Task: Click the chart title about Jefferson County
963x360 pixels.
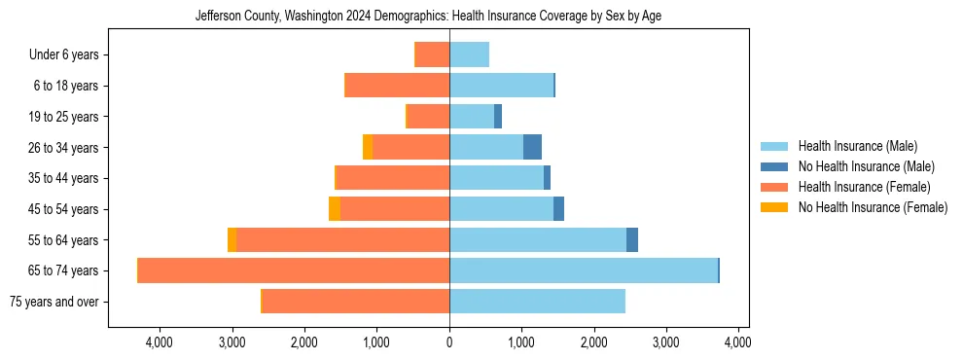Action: pyautogui.click(x=428, y=17)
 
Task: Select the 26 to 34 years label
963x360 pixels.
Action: pyautogui.click(x=64, y=148)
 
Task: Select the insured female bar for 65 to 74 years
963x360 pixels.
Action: pyautogui.click(x=294, y=270)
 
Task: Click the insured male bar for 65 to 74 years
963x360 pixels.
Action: pyautogui.click(x=584, y=270)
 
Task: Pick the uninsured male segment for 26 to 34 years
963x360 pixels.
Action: pyautogui.click(x=532, y=147)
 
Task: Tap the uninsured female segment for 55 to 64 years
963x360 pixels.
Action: pyautogui.click(x=232, y=239)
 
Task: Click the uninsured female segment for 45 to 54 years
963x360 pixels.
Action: pyautogui.click(x=335, y=209)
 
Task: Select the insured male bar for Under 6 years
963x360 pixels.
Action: pyautogui.click(x=469, y=54)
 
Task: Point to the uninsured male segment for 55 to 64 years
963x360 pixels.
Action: pyautogui.click(x=632, y=239)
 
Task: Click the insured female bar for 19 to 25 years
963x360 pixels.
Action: pyautogui.click(x=428, y=117)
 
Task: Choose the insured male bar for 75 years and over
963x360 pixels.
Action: pyautogui.click(x=537, y=302)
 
